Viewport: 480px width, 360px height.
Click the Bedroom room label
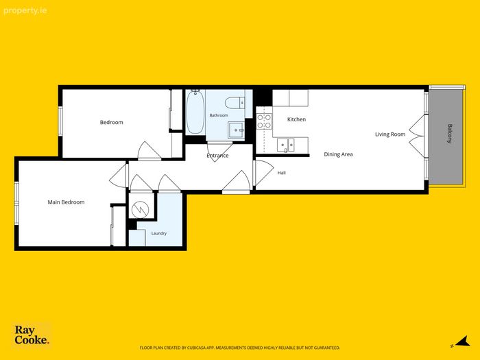pos(111,123)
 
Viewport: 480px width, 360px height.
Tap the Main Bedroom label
pos(66,202)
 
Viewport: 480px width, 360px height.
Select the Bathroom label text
pos(219,115)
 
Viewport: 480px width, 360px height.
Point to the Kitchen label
pos(296,119)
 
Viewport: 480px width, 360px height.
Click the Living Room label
pos(390,134)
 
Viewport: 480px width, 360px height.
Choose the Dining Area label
pos(338,154)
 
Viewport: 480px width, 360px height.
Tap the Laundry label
pos(159,234)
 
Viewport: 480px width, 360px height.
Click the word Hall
pos(282,173)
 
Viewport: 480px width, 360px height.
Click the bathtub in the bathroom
pos(195,112)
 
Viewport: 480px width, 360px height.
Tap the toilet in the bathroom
pos(235,103)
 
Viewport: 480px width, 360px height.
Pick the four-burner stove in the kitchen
pos(264,121)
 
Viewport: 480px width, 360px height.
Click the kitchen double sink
pos(286,145)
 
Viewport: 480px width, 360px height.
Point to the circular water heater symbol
pos(140,210)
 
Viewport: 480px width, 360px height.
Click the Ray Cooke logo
pos(32,335)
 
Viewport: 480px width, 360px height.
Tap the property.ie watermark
pos(25,11)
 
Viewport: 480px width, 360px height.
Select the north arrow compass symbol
pos(463,341)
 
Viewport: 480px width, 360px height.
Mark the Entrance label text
pos(217,156)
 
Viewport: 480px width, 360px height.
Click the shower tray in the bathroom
pos(236,130)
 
